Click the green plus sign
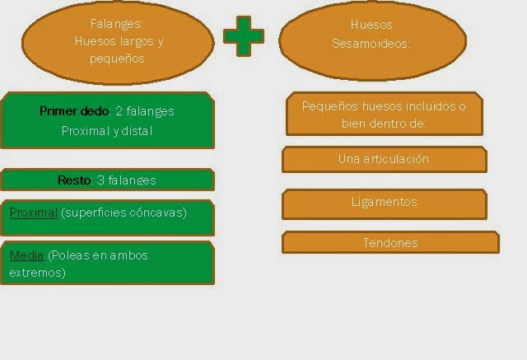pyautogui.click(x=244, y=36)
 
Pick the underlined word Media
pyautogui.click(x=26, y=255)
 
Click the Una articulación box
pyautogui.click(x=384, y=159)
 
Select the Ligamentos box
pyautogui.click(x=384, y=202)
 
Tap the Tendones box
pyautogui.click(x=390, y=243)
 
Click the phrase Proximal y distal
pyautogui.click(x=107, y=131)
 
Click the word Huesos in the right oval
pyautogui.click(x=372, y=25)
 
